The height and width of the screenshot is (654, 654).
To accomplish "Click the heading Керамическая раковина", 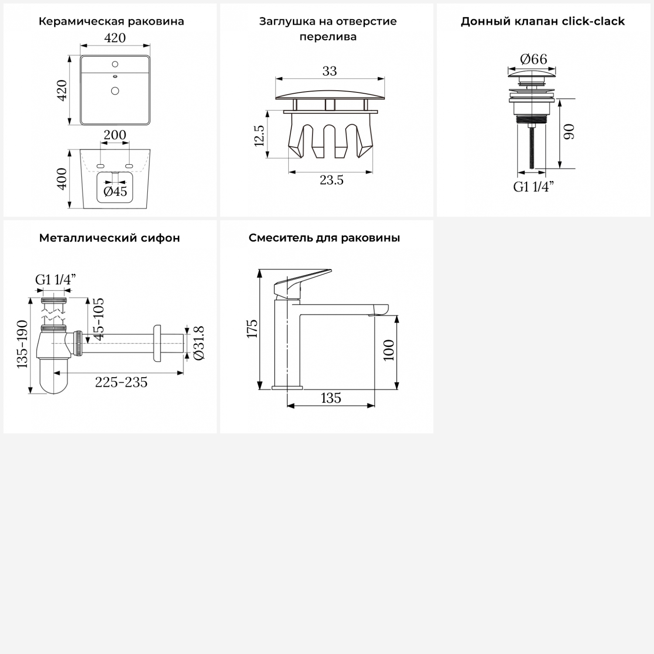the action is coord(111,21).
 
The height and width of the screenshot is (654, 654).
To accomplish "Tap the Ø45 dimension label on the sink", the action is coord(115,191).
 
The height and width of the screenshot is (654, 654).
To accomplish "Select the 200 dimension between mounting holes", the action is coord(115,135).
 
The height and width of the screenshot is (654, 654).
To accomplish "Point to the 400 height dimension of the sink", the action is coord(62,179).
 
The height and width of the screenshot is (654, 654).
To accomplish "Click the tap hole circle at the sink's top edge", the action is coord(115,64).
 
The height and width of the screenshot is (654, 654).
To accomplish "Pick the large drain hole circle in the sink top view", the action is coord(115,91).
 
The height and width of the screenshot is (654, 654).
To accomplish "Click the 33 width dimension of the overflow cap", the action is coord(330,71).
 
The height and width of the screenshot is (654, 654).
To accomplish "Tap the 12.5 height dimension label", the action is coord(259,135).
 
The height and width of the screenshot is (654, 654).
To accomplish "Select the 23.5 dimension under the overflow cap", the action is coord(331,180).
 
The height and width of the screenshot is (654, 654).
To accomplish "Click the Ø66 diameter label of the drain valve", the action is coord(533,59).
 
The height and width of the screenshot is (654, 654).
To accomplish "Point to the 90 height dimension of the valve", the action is coord(569,132).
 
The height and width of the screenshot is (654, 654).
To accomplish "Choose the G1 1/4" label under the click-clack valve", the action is coord(533,187).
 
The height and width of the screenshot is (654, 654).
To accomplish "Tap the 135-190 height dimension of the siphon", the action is coord(22,344).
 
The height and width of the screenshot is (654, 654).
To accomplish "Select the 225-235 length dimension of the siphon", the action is coord(121,382).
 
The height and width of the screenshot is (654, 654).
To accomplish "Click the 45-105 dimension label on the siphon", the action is coord(99,319).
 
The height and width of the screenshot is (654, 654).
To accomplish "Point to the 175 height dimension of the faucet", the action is coord(252,328).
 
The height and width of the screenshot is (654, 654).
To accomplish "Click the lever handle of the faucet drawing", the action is coord(298,283).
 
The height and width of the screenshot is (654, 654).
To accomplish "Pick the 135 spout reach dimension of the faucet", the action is coord(331,398).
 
